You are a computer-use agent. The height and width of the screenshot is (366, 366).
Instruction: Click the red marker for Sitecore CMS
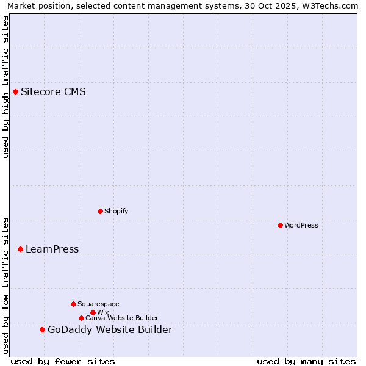click(x=15, y=92)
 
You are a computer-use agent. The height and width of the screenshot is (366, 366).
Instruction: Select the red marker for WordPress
click(x=280, y=226)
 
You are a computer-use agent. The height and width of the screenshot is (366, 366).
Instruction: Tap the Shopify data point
click(x=100, y=212)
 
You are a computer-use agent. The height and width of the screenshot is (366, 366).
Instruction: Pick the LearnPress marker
click(x=20, y=249)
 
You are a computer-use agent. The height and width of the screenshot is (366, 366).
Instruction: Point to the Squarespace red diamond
click(x=73, y=304)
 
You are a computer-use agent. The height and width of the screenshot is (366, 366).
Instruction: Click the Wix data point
click(x=93, y=313)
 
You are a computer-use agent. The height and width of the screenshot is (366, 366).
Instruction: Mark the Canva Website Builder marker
click(x=81, y=318)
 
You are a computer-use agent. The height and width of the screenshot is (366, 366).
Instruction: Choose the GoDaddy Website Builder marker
click(x=42, y=330)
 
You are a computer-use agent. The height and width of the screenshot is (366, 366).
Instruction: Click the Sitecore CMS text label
click(x=53, y=92)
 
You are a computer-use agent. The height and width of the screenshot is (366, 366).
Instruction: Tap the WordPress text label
click(x=301, y=226)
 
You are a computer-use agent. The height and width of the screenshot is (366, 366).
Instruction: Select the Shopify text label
click(x=116, y=212)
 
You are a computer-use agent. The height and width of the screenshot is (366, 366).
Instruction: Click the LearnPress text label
click(x=52, y=249)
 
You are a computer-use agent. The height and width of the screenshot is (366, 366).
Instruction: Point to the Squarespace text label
click(x=98, y=304)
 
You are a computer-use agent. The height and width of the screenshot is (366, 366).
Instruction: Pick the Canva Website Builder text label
click(x=122, y=318)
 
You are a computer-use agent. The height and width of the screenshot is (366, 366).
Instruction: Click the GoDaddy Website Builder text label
click(x=110, y=330)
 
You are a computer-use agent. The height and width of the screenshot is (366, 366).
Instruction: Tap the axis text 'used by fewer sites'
click(x=63, y=361)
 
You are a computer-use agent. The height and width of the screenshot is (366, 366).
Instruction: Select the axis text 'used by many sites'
click(x=306, y=361)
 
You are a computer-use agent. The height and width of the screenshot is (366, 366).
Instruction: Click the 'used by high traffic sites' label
click(x=5, y=87)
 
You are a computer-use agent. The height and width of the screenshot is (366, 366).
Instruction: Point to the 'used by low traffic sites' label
click(x=5, y=285)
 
